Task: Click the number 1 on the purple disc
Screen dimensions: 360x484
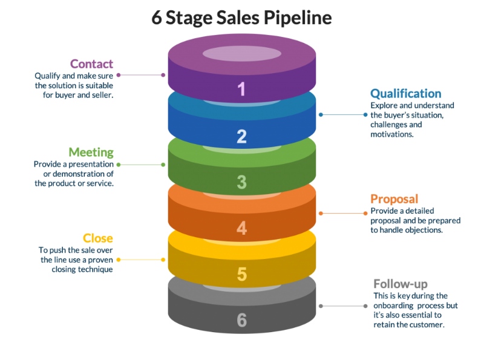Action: (241, 90)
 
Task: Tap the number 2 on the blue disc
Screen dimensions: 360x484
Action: (241, 136)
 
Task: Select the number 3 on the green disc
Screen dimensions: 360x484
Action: (241, 182)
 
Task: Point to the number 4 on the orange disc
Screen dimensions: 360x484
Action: (241, 228)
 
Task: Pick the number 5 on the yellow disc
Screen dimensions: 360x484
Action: (241, 274)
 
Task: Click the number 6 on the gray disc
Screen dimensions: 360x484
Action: (241, 320)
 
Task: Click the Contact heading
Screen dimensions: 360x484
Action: (91, 64)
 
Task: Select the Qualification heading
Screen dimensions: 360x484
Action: (405, 93)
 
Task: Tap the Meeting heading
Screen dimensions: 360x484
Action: (91, 152)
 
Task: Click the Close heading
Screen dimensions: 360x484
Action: (98, 238)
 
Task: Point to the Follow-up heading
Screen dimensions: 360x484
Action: (400, 284)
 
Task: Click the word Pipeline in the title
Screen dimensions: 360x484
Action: (297, 18)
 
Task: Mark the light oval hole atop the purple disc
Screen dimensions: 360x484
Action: (241, 53)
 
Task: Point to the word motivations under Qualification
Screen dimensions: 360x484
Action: (391, 134)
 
